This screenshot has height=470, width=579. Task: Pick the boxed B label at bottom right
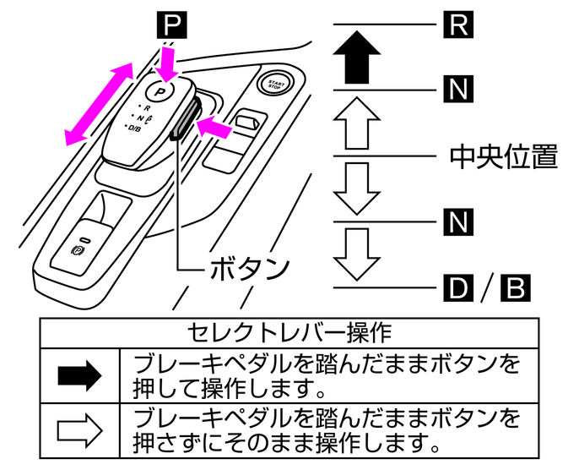[x=514, y=287]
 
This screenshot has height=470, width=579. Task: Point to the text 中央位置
[x=503, y=156]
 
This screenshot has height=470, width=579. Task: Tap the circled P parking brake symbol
[x=78, y=251]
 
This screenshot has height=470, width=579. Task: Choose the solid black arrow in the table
[x=79, y=375]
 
